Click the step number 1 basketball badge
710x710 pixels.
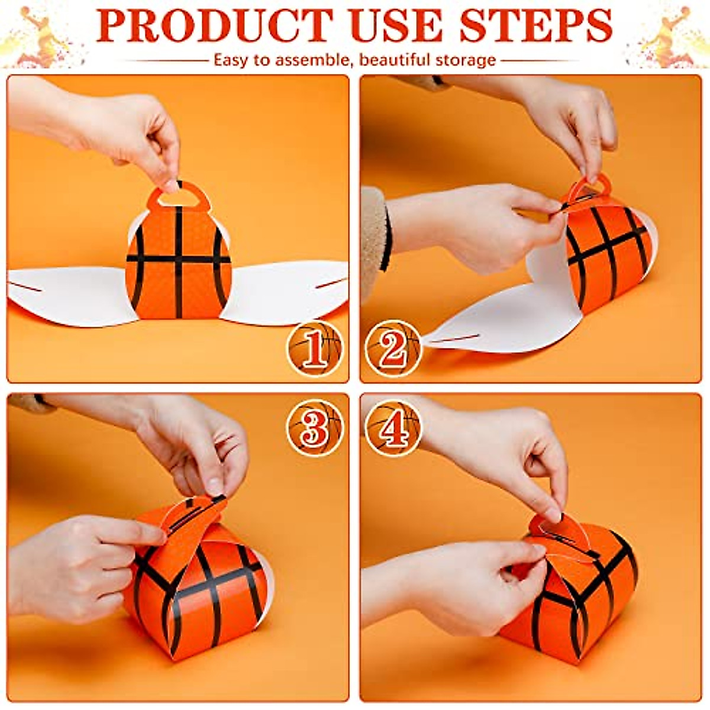click(x=315, y=349)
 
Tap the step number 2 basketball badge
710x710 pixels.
click(x=392, y=349)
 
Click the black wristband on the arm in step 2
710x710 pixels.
click(x=387, y=240)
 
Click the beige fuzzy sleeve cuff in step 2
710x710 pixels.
click(x=373, y=237)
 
